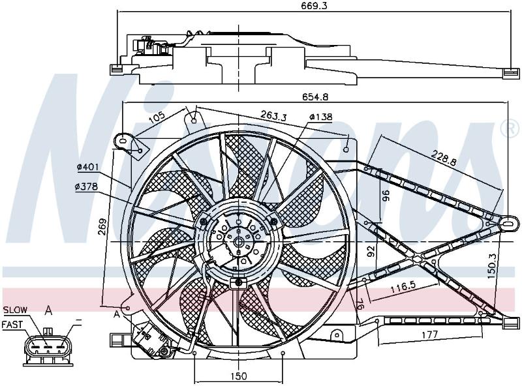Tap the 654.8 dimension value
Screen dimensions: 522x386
(x=315, y=97)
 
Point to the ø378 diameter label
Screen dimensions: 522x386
(x=87, y=187)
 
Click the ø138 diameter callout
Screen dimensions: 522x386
(x=320, y=117)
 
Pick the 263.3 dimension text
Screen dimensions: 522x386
(x=273, y=115)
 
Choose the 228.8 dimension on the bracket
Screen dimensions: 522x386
(x=444, y=158)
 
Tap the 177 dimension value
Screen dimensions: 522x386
(x=430, y=334)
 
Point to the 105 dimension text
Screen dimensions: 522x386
(x=157, y=118)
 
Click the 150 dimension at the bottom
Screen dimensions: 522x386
(x=239, y=376)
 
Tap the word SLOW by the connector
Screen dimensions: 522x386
(x=15, y=310)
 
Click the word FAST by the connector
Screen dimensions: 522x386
(x=12, y=325)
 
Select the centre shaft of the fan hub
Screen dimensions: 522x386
(x=239, y=242)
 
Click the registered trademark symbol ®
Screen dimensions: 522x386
(x=510, y=129)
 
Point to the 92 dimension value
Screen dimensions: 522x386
(x=372, y=251)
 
